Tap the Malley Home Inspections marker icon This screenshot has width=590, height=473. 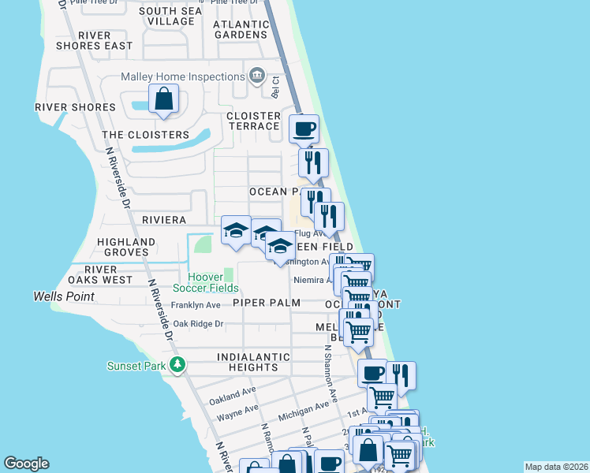(x=256, y=76)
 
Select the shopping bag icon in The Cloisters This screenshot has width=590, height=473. (x=163, y=100)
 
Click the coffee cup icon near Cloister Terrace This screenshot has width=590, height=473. (x=304, y=128)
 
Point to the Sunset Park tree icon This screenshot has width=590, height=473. (x=179, y=364)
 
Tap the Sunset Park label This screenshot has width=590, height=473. (x=136, y=365)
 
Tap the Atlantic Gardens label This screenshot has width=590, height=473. (x=241, y=29)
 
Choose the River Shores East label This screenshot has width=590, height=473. (x=95, y=41)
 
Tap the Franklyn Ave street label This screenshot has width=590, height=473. (x=196, y=305)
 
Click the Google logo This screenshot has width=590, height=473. (x=26, y=464)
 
